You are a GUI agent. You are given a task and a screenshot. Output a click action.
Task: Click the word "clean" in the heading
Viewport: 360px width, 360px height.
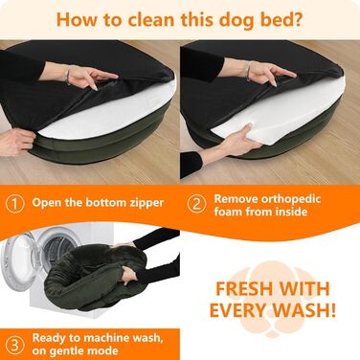[x=151, y=20]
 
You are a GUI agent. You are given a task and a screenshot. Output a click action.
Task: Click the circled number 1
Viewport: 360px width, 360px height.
[x=15, y=205]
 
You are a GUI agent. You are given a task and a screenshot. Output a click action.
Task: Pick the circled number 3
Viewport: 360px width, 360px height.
[x=14, y=346]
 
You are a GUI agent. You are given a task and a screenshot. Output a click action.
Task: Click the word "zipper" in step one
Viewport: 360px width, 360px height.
[x=146, y=203]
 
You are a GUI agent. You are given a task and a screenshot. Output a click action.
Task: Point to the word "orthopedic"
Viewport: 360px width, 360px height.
[x=291, y=199]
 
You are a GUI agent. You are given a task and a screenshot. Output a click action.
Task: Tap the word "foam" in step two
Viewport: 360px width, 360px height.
[x=227, y=212]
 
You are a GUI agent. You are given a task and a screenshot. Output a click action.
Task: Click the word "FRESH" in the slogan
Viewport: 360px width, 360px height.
[x=243, y=289]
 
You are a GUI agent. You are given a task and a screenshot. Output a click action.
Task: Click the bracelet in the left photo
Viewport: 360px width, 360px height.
[x=68, y=75]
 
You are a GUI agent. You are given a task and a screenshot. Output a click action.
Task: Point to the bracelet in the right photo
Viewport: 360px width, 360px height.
[x=248, y=71]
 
